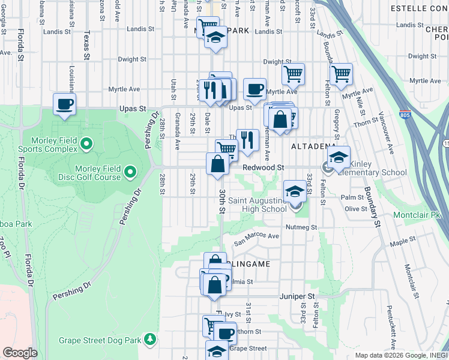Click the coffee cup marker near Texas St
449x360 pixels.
pyautogui.click(x=64, y=104)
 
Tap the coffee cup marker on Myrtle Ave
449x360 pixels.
pyautogui.click(x=255, y=89)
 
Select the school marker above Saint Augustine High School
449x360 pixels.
pyautogui.click(x=295, y=191)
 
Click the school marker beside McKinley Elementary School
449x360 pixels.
pyautogui.click(x=339, y=157)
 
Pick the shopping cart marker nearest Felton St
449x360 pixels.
pyautogui.click(x=341, y=74)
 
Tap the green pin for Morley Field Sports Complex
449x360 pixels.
pyautogui.click(x=86, y=143)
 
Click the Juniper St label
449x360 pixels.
pyautogui.click(x=297, y=296)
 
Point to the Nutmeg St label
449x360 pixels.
pyautogui.click(x=301, y=227)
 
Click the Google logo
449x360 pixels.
pyautogui.click(x=20, y=353)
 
